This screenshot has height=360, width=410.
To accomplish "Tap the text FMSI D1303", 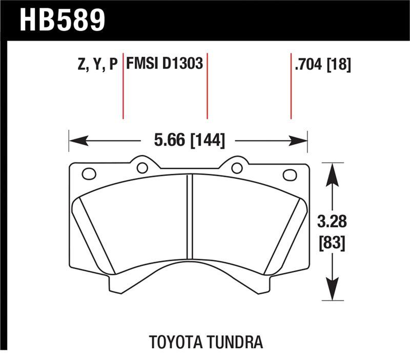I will [165, 65].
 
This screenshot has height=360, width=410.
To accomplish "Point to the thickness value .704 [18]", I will [322, 65].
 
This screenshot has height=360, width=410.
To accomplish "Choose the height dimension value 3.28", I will [332, 222].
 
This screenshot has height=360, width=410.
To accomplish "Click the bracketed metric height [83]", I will [332, 243].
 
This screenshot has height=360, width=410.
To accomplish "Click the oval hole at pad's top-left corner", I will [89, 174].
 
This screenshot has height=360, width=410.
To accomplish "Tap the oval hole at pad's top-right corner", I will [290, 174].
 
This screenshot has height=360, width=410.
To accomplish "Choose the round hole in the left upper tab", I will [142, 167].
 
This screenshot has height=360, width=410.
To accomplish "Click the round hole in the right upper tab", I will [237, 168].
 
